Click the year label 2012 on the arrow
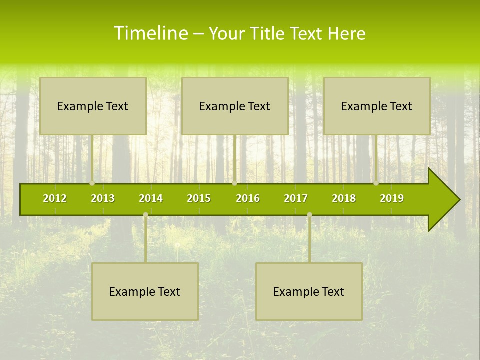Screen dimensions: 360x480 point(55,198)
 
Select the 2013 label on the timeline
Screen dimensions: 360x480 point(103,198)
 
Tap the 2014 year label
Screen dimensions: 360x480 point(151,198)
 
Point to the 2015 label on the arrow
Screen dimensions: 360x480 point(199,198)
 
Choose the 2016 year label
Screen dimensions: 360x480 point(248,198)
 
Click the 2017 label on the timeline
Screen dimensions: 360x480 point(296,198)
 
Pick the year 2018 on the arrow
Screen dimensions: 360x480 point(344,198)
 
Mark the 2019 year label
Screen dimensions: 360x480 point(392,198)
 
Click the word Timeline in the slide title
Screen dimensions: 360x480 point(151,33)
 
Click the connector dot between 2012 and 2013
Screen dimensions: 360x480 point(92,183)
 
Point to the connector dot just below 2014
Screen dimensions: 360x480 point(145,215)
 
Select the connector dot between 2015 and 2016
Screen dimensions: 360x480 point(234,183)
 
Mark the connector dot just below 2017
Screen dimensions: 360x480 point(309,215)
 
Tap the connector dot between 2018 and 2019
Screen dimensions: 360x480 point(376,183)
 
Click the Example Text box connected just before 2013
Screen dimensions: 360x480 point(93,106)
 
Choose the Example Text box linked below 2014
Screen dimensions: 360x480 point(145,291)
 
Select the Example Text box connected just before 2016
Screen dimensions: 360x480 point(235,106)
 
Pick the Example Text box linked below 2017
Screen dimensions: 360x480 point(309,291)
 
